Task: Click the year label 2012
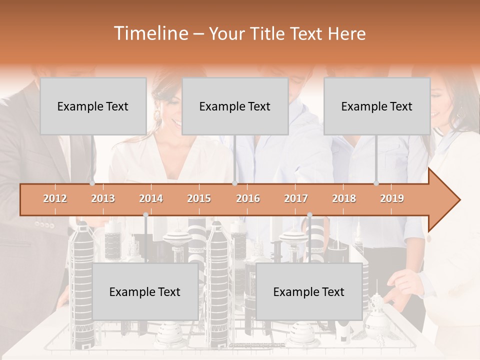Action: point(55,198)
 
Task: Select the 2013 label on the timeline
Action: point(103,198)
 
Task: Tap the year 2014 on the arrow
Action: point(151,198)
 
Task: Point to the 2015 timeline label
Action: point(199,198)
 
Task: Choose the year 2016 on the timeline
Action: point(248,198)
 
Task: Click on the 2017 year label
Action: point(296,198)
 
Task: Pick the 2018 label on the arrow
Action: point(344,198)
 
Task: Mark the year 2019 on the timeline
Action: point(392,198)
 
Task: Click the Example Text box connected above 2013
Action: point(93,106)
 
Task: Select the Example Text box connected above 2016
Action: point(235,106)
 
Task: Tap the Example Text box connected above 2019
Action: point(377,106)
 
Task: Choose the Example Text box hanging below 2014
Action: point(145,291)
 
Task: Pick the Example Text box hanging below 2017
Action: point(309,291)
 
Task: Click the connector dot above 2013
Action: point(92,183)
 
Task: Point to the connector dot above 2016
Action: point(234,183)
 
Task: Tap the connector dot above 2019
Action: point(376,183)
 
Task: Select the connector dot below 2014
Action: point(145,214)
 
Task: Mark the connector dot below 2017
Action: point(309,214)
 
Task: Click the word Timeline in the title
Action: point(150,33)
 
